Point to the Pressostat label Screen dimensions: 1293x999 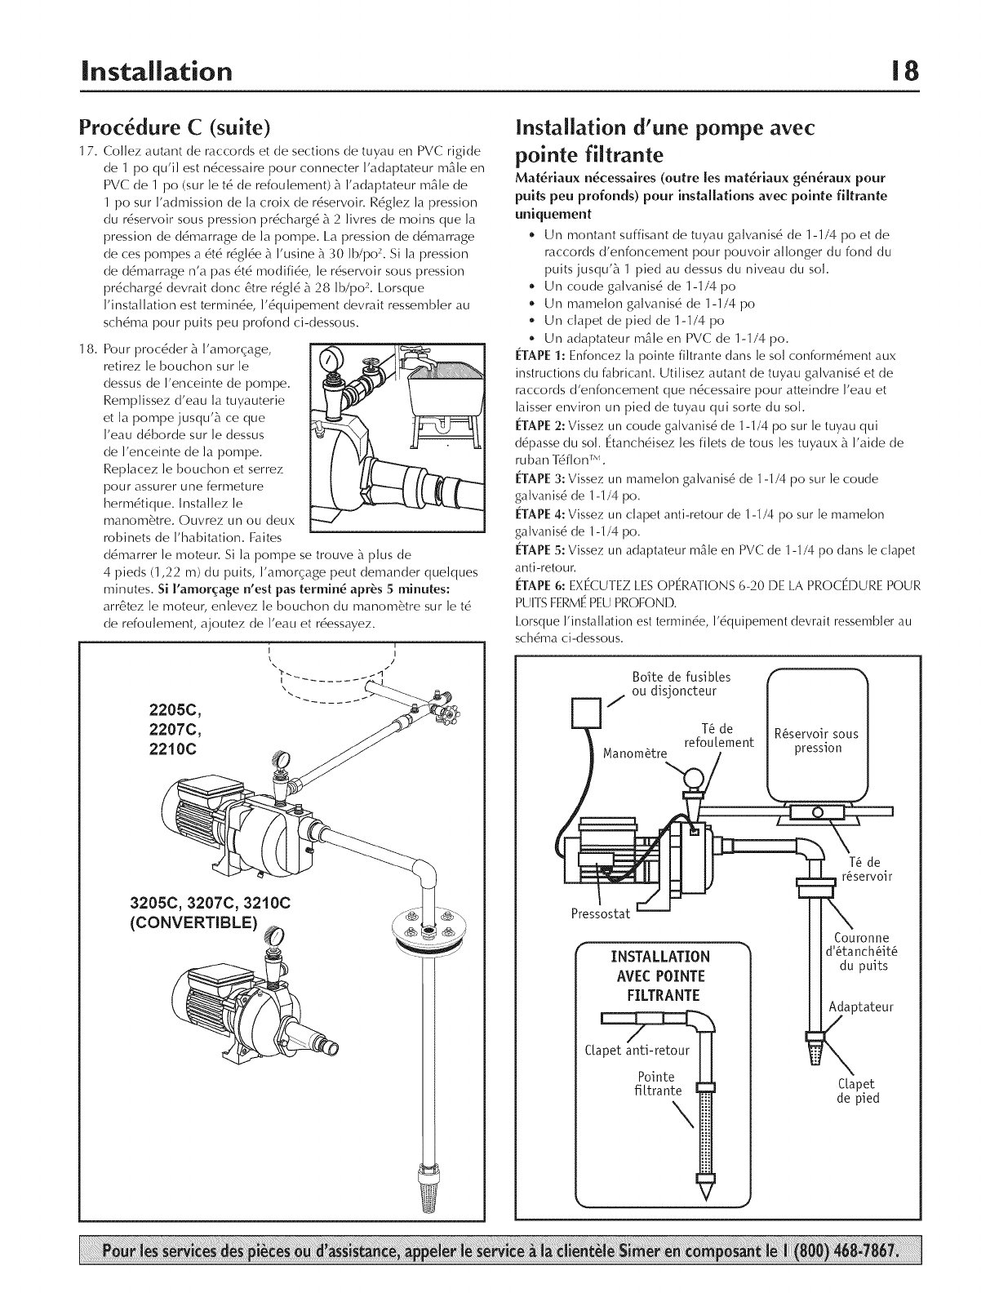click(601, 913)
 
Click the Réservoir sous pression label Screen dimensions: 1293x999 click(816, 740)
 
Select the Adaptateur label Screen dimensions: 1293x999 click(861, 1006)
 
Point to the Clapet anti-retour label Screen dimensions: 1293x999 click(637, 1049)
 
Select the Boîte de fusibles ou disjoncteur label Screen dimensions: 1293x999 click(682, 684)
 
